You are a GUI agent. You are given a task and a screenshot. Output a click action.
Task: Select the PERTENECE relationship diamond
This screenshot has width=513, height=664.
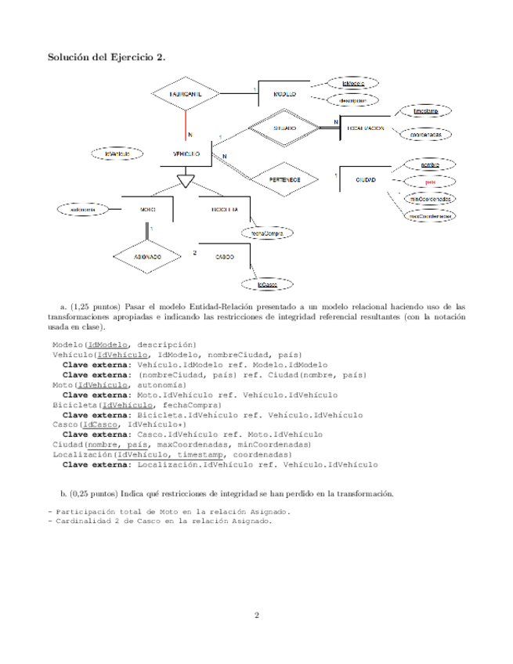click(285, 179)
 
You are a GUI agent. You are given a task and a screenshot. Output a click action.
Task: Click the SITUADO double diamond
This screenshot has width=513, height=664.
click(284, 127)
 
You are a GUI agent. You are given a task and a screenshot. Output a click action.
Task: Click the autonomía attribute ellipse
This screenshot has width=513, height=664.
click(83, 210)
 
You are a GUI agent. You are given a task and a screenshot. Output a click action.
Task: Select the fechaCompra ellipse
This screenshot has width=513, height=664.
click(266, 233)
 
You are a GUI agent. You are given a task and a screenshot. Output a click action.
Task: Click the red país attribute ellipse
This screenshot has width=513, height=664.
click(429, 182)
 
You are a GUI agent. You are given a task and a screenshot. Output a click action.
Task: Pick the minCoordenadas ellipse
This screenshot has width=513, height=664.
click(430, 199)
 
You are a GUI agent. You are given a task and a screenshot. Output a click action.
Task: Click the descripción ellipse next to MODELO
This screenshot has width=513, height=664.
click(352, 99)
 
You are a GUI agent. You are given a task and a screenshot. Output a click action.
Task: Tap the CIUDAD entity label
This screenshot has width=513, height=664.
click(365, 180)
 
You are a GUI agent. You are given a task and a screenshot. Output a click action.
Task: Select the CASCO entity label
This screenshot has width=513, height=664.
click(226, 257)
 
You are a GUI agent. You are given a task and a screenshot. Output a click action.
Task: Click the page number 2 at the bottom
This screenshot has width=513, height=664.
click(256, 614)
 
